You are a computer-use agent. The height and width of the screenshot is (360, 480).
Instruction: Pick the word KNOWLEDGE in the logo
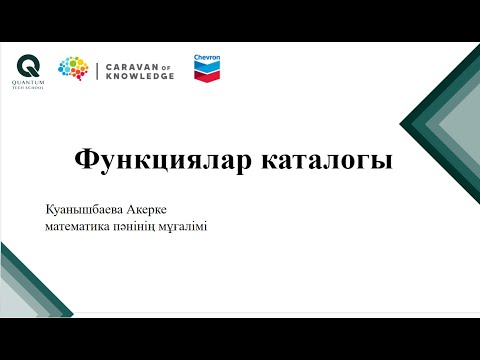coord(139,75)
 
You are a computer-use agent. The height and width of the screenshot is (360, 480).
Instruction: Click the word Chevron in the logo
coord(208,57)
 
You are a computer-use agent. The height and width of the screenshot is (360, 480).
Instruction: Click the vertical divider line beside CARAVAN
coord(97,69)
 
